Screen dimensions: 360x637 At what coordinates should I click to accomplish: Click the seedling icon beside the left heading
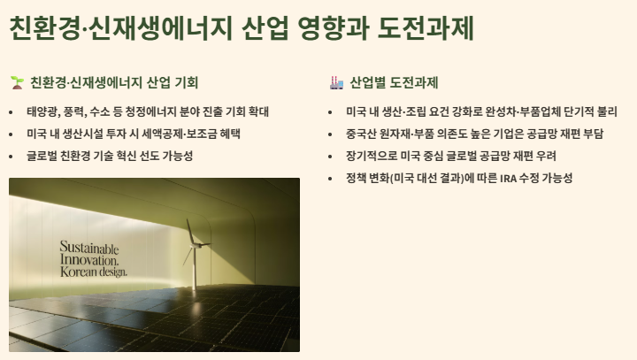click(17, 83)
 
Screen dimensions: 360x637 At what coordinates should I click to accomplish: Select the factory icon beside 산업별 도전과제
click(336, 83)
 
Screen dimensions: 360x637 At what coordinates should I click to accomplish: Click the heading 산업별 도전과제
click(395, 83)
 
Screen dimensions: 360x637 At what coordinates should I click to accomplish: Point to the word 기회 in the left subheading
click(188, 83)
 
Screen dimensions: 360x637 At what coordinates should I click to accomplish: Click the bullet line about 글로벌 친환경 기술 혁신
click(110, 156)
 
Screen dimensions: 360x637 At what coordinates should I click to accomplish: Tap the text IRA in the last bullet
click(509, 178)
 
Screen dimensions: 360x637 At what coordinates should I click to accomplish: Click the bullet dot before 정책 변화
click(331, 178)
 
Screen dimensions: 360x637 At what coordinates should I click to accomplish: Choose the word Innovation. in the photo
click(88, 260)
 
